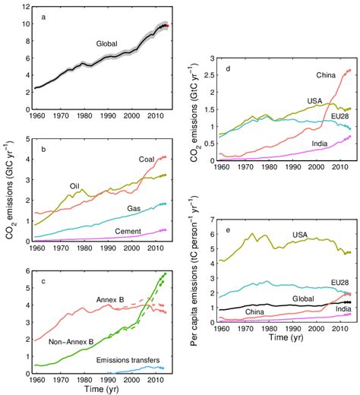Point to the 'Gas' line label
click(134, 207)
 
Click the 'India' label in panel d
click(311, 143)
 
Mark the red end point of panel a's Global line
click(168, 25)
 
